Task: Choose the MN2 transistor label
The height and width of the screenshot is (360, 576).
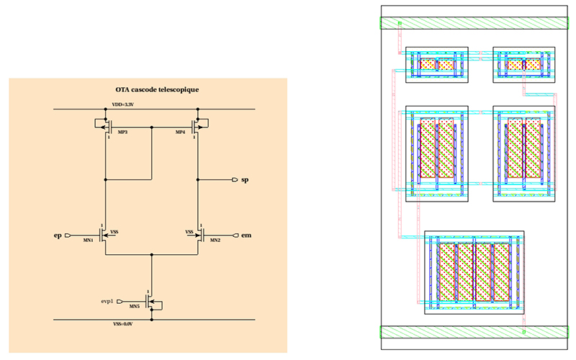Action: pos(214,240)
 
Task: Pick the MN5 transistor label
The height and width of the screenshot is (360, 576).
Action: pos(134,306)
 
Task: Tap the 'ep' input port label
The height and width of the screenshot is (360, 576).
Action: pos(58,235)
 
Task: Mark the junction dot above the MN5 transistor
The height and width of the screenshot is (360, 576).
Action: pos(151,255)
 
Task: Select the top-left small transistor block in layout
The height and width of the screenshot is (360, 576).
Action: pos(437,65)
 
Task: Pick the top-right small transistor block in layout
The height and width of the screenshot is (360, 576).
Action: pos(523,65)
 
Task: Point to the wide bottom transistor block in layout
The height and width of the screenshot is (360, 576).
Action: pos(474,272)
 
